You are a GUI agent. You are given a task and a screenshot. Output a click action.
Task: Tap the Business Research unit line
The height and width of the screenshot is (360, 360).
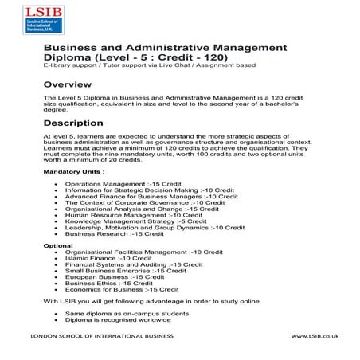115,234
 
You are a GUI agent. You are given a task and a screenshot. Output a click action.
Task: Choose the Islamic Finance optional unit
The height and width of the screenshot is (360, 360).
103,258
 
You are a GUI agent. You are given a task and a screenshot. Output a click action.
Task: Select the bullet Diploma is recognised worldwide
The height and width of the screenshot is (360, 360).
123,321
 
